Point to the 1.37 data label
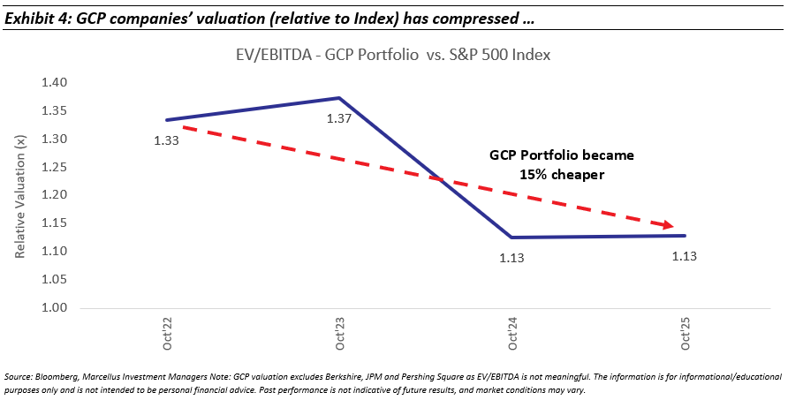[x=339, y=117]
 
